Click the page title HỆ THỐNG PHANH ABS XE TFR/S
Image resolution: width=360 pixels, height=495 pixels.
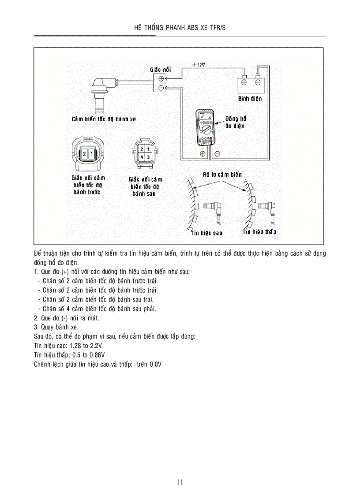(180, 27)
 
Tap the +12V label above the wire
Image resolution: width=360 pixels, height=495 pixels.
(199, 64)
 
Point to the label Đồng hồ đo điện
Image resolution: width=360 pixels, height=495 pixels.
(236, 123)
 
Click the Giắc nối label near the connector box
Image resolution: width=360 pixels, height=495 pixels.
(161, 70)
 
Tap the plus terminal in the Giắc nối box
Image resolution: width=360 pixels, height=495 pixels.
(161, 79)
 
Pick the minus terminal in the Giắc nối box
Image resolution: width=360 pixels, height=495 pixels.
(161, 88)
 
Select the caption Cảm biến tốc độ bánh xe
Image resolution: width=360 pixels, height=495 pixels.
(104, 119)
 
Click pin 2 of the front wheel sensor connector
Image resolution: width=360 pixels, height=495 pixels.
(83, 154)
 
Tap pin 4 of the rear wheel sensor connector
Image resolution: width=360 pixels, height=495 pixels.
(142, 157)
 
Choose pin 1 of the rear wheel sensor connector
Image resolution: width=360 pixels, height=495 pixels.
(149, 150)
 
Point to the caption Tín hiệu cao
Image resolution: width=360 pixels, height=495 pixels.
(206, 233)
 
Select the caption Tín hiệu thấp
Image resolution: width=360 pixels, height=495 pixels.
(259, 232)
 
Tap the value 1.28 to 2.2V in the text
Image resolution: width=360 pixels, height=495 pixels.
(86, 346)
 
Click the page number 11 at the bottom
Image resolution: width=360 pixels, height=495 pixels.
(180, 482)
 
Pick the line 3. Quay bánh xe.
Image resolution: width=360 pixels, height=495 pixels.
(56, 327)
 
